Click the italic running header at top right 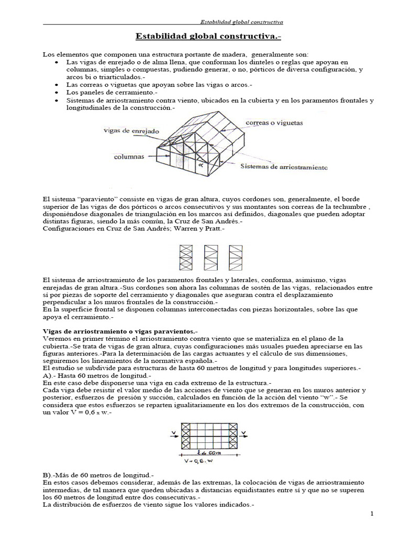point(242,22)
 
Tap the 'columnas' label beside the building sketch point(130,156)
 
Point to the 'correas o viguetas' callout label point(273,122)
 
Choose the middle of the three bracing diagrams point(210,257)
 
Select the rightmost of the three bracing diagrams point(235,257)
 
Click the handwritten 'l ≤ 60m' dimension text point(214,451)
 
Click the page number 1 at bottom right point(371,514)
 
